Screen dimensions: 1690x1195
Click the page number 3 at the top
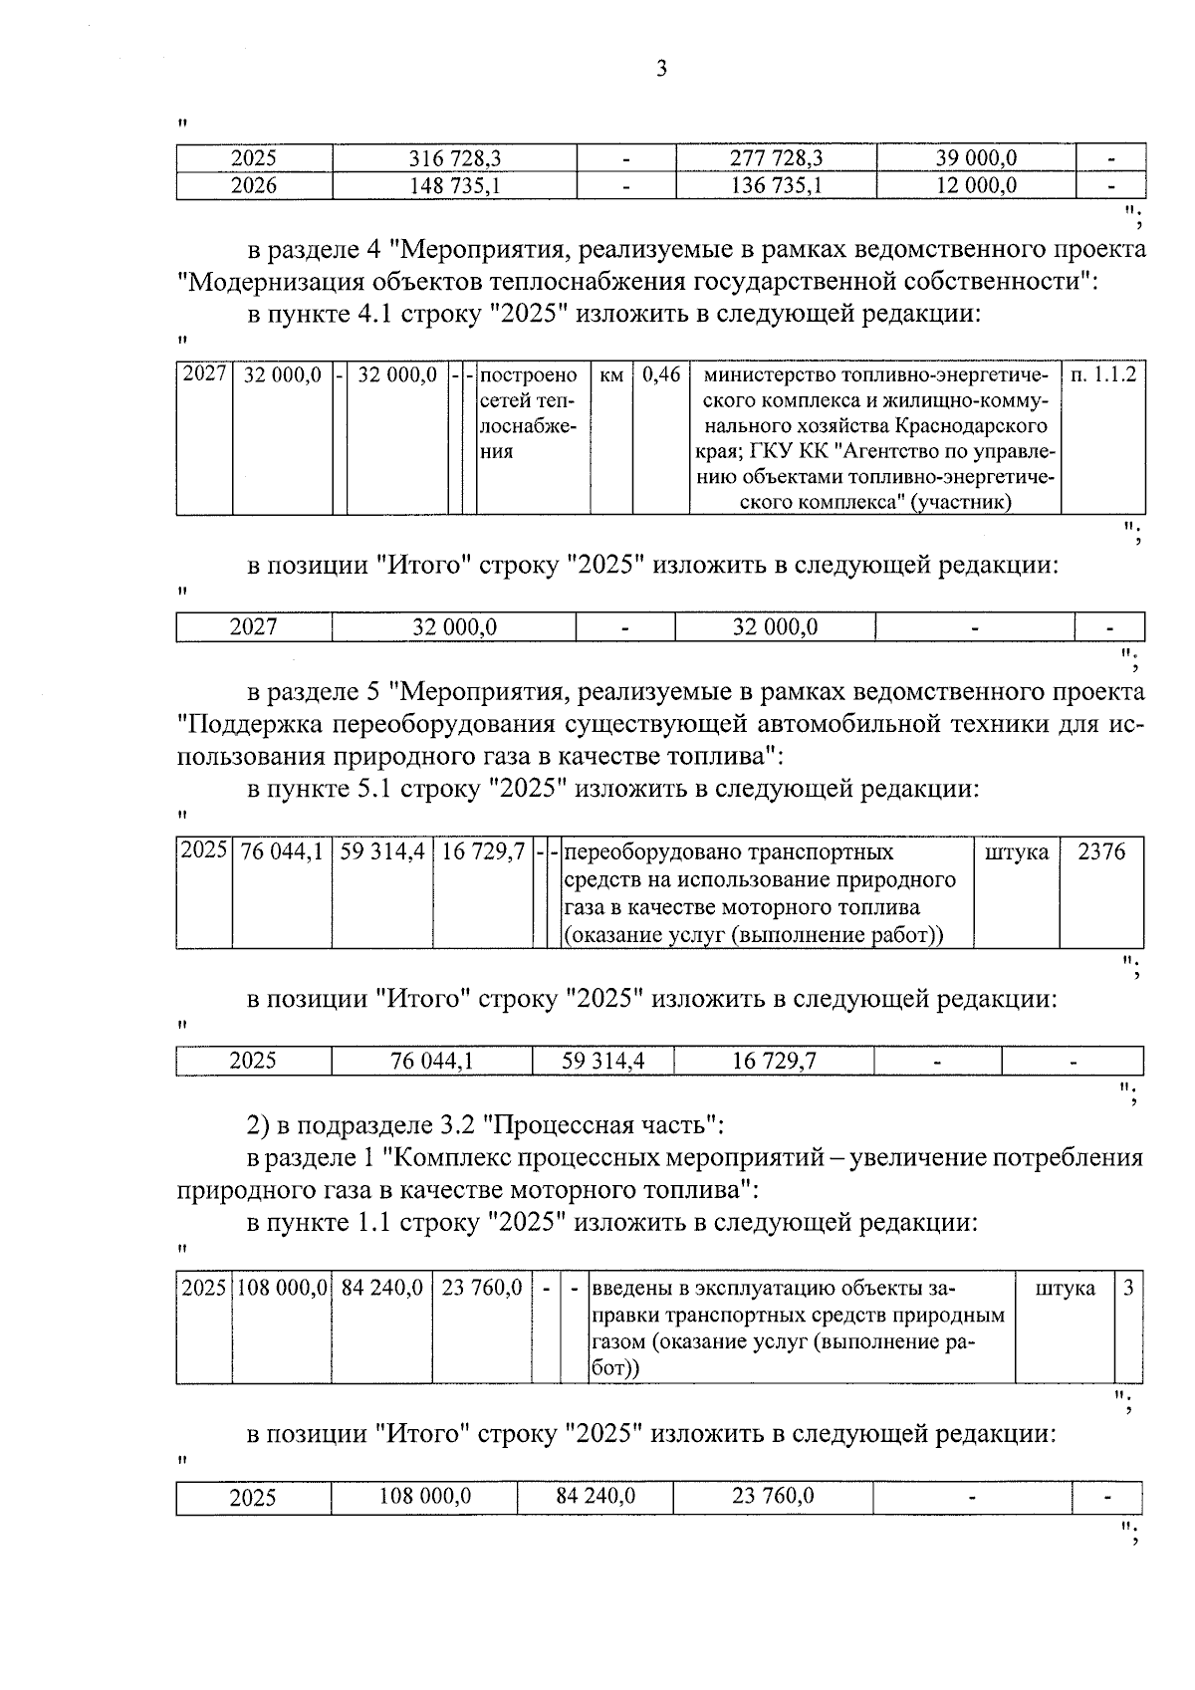661,69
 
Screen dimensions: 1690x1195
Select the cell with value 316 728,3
454,158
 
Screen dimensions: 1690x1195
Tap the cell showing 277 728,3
776,158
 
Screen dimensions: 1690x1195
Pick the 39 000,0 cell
976,158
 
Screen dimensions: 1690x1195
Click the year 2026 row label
253,185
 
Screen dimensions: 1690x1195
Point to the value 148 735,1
454,185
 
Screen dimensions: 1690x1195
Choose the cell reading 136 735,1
776,185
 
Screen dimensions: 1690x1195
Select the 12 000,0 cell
976,185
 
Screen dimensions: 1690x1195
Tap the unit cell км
611,375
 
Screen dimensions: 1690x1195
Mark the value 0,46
661,375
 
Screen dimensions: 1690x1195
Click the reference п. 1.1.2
1103,375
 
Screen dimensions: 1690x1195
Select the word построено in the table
529,375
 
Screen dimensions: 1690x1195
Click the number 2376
1101,852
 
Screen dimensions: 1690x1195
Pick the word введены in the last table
626,1288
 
